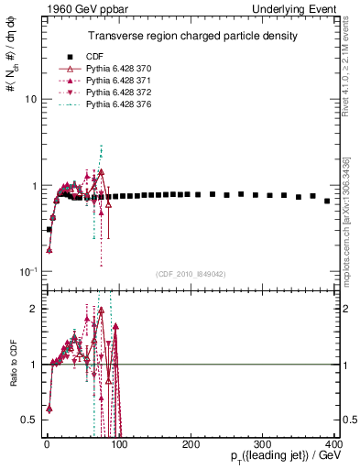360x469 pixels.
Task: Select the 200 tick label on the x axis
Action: [191, 442]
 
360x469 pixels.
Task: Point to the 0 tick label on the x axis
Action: [47, 442]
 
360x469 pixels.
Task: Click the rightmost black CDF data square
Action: [327, 201]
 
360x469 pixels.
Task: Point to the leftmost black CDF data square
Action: [49, 229]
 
